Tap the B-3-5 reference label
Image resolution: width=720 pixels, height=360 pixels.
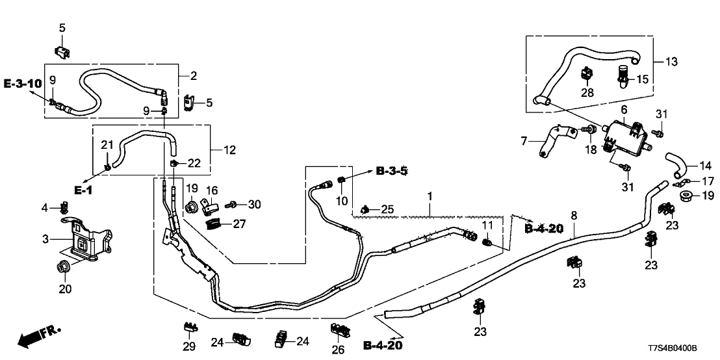392,172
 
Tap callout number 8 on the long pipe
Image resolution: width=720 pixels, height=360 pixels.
573,215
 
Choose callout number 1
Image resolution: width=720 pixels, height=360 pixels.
429,195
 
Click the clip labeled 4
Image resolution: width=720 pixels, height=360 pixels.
64,208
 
